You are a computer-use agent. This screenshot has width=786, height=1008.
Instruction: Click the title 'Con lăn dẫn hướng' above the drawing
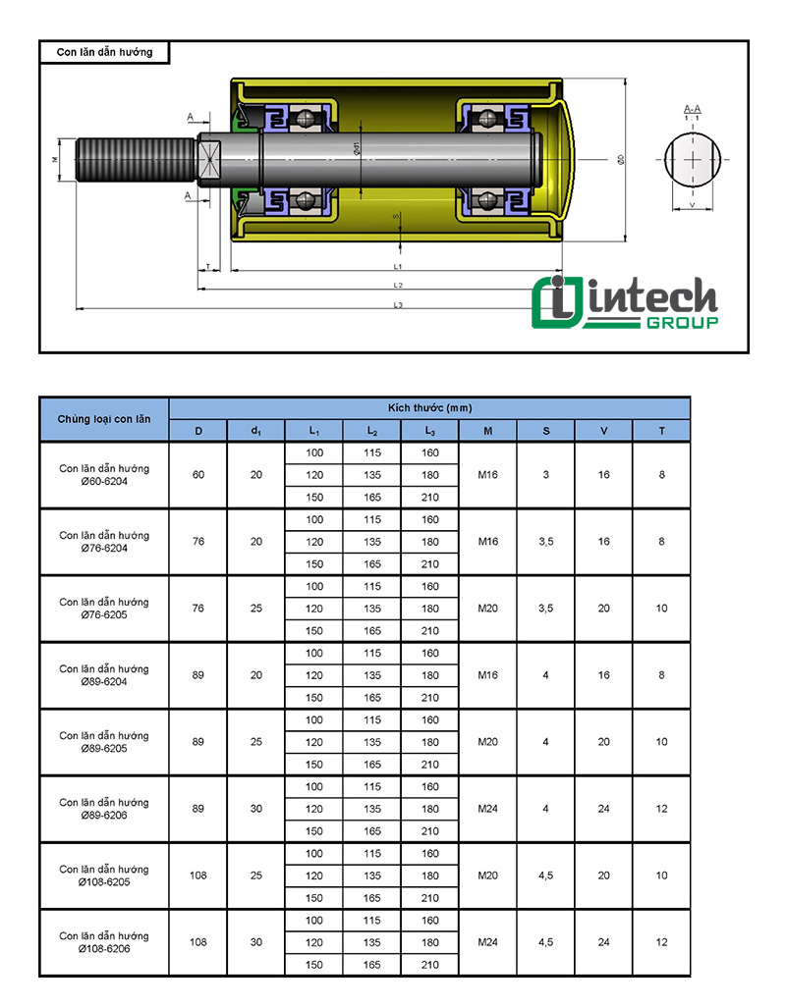pos(104,52)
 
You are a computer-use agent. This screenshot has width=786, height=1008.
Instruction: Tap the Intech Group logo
pos(624,303)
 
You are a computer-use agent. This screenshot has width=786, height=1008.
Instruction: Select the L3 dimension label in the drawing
pos(398,305)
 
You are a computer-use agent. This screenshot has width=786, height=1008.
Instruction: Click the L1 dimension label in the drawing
pos(398,266)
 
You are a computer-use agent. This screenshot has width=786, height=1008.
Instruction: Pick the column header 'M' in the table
pos(488,431)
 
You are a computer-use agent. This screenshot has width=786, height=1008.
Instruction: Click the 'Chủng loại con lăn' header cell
pos(104,419)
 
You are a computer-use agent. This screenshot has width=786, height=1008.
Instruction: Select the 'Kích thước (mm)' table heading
pos(429,407)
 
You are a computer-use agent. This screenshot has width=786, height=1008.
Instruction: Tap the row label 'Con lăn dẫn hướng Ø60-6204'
pos(104,475)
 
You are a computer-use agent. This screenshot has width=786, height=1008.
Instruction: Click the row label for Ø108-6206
pos(104,942)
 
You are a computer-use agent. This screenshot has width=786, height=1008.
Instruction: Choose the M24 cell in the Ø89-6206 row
pos(488,809)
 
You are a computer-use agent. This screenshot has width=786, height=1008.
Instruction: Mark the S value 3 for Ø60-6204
pos(546,475)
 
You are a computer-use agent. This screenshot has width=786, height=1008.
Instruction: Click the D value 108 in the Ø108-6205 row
pos(198,875)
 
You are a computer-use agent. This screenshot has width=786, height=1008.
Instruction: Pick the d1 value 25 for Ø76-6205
pos(256,609)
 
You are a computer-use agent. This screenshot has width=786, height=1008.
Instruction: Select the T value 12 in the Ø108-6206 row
pos(661,942)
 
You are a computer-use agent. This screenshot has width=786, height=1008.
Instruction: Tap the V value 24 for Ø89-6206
pos(603,809)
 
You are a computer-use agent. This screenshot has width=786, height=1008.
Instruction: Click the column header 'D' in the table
pos(198,431)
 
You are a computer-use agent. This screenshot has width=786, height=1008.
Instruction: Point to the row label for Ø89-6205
pos(104,742)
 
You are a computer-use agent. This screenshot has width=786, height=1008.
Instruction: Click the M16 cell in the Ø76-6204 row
pos(488,542)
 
